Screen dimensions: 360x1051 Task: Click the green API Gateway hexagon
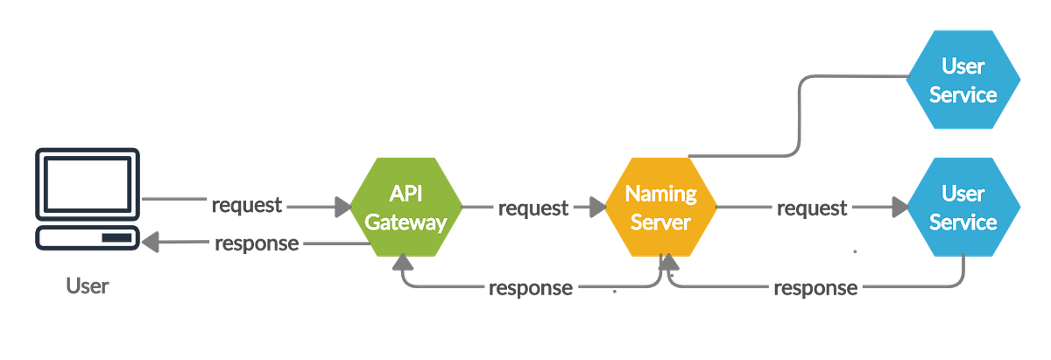406,208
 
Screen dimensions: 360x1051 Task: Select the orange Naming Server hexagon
661,208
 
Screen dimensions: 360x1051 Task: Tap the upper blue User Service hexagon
963,79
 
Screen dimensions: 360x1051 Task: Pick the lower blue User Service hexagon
963,208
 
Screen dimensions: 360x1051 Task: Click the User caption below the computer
86,286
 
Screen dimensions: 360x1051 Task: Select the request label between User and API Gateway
247,207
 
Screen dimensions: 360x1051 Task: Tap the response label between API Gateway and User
256,244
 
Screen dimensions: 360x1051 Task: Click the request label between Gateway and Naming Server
533,208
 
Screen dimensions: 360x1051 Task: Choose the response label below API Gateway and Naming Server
532,287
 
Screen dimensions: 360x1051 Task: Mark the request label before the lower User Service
810,208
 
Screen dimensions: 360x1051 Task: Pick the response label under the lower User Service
815,288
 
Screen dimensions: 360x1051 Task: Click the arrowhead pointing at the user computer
151,244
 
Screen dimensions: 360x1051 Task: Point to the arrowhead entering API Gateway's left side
341,208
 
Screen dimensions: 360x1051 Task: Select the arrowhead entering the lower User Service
898,208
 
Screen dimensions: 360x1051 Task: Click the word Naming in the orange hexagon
661,194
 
